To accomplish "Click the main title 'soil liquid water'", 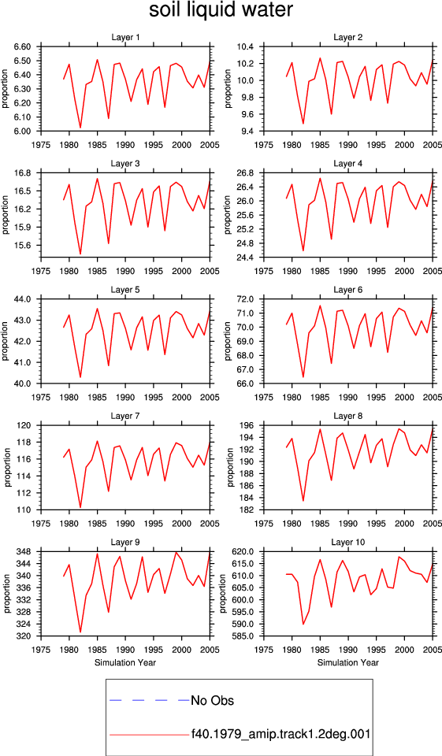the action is (221, 10).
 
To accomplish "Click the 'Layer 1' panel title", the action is (125, 37).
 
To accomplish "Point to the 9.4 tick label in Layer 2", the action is (246, 132).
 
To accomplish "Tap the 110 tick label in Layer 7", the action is (25, 510).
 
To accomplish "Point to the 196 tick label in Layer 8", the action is (247, 426).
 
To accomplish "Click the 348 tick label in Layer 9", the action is (25, 551).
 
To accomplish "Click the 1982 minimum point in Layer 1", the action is (80, 128).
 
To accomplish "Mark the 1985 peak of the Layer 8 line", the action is (320, 429).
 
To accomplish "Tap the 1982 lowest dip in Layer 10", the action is (303, 624).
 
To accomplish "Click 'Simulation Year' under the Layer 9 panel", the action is (125, 662).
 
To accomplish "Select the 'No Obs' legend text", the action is (212, 700).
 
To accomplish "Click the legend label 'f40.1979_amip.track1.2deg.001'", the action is (280, 734).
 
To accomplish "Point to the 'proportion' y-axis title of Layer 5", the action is (6, 341).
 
